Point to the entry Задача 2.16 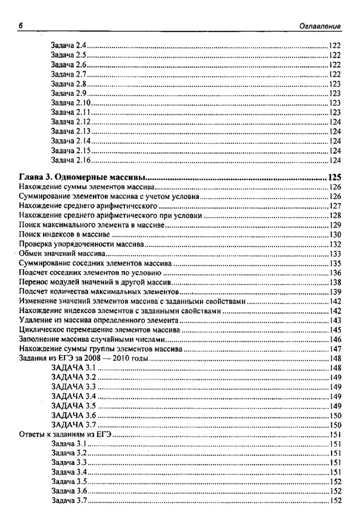pos(70,160)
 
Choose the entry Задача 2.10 pos(70,103)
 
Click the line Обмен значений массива pos(62,254)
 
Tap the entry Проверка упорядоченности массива pos(81,244)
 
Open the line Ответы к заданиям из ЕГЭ pos(65,435)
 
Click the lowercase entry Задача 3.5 pos(68,482)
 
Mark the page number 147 pos(335,349)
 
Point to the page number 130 pos(335,235)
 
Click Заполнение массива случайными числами pos(92,340)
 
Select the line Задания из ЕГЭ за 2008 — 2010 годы pos(83,359)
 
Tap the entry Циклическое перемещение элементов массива pos(99,330)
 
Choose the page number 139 pos(335,292)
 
